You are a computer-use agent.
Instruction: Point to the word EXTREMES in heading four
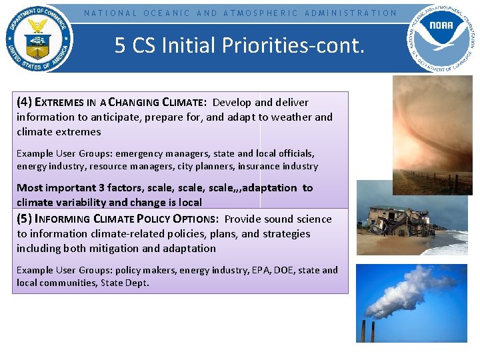58,103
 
